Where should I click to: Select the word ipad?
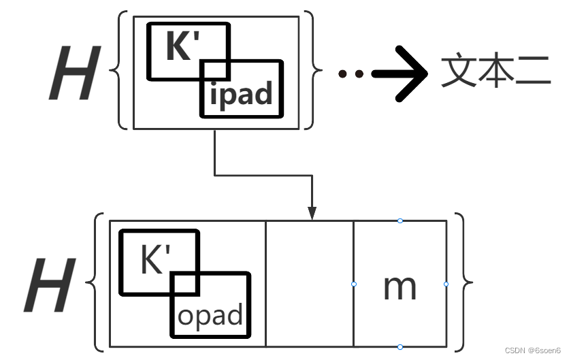point(241,93)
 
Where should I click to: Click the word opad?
point(210,315)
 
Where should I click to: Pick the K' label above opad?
point(155,260)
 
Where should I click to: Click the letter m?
point(399,287)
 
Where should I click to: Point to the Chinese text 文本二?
point(495,71)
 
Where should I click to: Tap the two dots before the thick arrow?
point(350,73)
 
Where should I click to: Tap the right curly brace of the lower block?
point(462,282)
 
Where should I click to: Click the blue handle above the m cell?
point(400,220)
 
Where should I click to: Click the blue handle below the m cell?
point(400,347)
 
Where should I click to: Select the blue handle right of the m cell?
point(446,284)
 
